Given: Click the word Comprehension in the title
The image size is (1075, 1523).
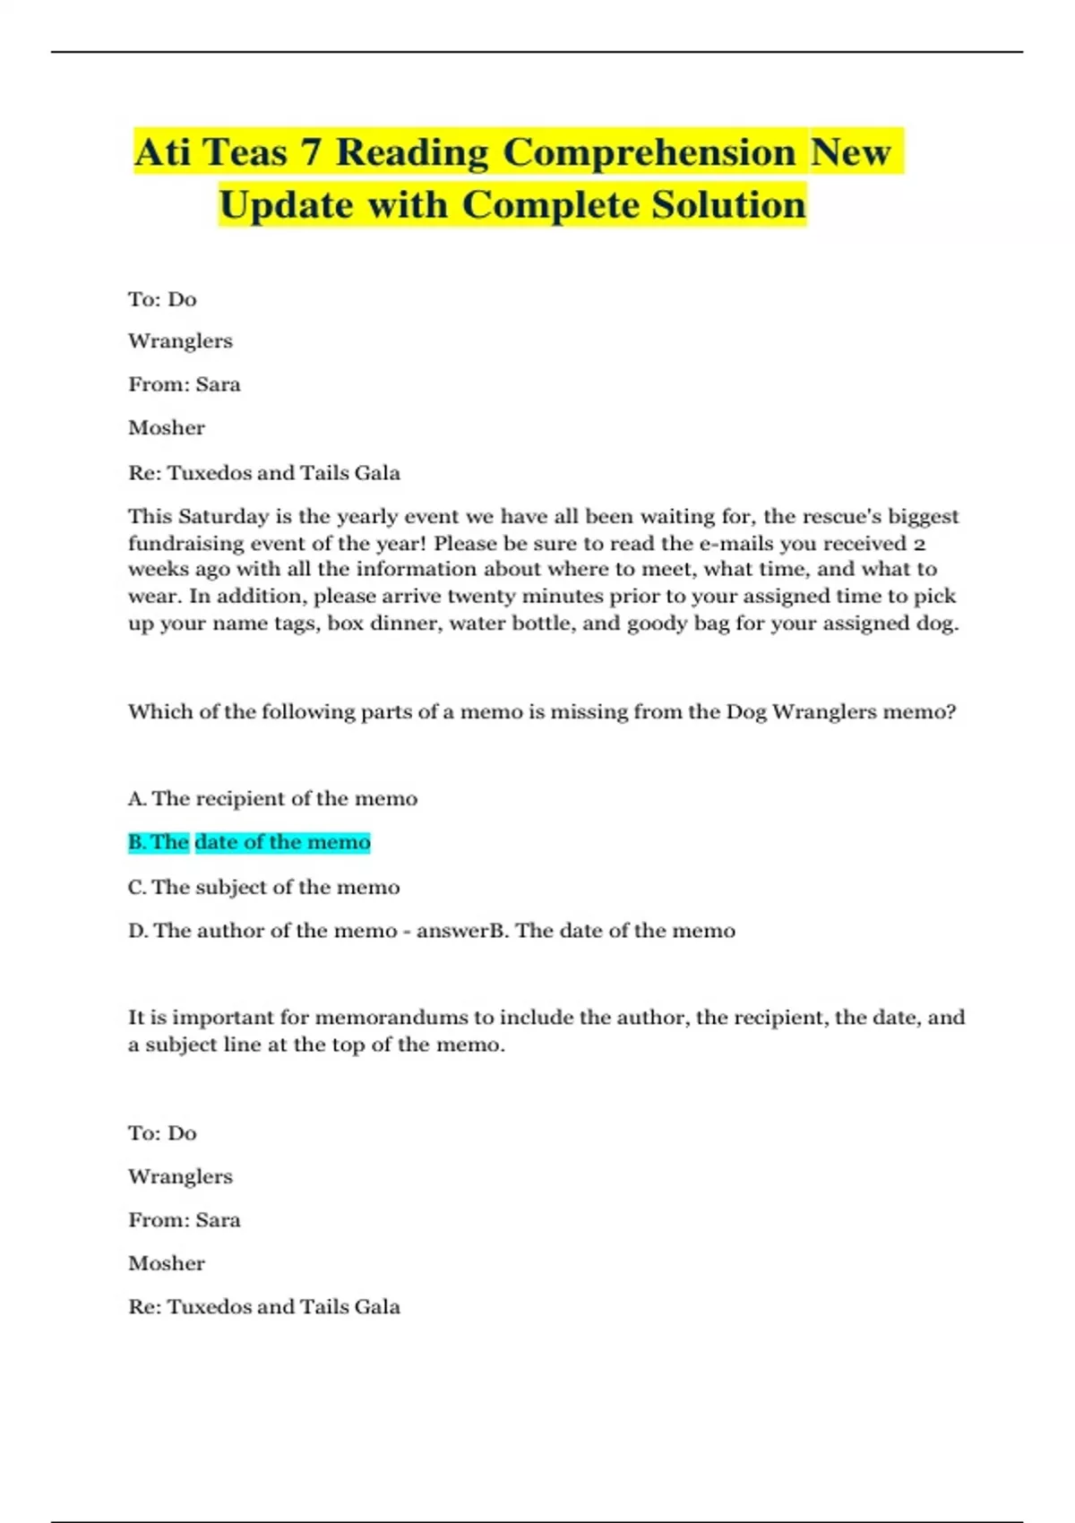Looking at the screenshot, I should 649,152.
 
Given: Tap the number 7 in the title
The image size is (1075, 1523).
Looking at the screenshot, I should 311,151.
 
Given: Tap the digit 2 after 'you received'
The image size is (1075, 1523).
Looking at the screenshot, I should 919,544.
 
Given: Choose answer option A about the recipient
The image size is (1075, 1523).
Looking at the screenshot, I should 273,798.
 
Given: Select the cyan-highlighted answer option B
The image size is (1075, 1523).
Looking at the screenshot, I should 249,842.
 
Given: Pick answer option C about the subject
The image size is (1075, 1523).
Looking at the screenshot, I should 264,887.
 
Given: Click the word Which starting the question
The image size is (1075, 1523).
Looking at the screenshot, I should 157,712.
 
